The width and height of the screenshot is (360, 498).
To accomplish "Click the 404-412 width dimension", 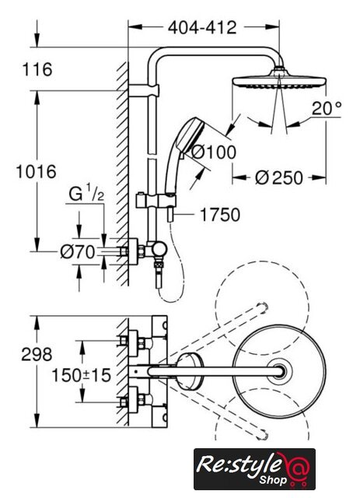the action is [202, 28].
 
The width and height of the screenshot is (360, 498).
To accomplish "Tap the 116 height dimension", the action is [37, 69].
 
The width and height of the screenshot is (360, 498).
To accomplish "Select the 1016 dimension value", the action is [37, 171].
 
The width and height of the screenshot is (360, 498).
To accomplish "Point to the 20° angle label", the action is [327, 108].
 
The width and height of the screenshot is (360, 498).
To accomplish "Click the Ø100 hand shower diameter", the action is [214, 152].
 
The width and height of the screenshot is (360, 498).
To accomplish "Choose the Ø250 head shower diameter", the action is [279, 177].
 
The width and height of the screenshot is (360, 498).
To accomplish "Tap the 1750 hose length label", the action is [220, 215].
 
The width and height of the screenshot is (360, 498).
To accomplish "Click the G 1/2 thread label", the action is [86, 194].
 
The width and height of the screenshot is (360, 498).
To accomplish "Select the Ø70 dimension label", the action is [78, 252].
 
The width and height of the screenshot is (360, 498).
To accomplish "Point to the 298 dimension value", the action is [37, 354].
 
